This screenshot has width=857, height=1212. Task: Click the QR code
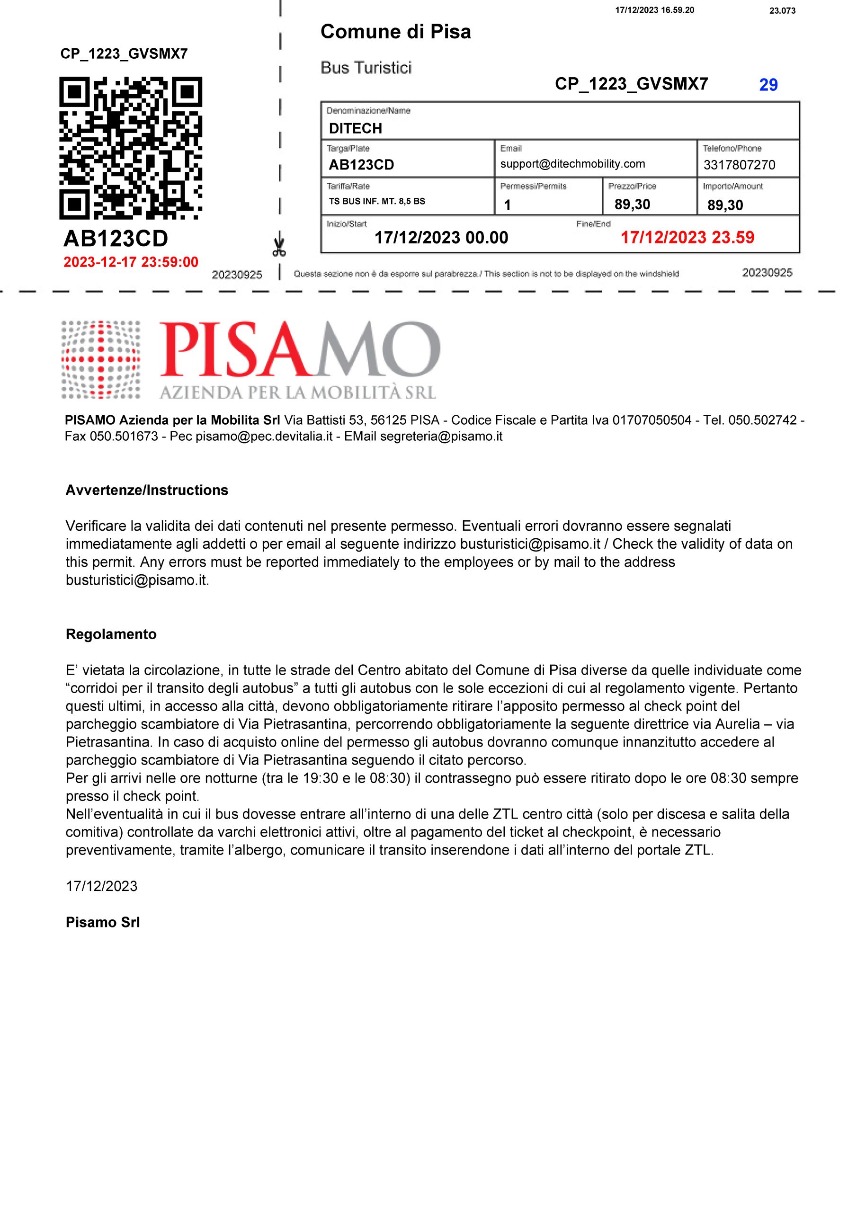(x=130, y=148)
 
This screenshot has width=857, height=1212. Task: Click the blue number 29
(x=768, y=85)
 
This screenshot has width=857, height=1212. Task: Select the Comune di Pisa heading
(x=395, y=32)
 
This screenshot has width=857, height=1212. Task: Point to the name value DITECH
(x=356, y=128)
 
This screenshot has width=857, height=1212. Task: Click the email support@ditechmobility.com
(x=572, y=164)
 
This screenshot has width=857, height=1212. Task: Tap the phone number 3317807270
(x=739, y=165)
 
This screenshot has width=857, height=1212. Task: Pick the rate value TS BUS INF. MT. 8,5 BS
(x=377, y=201)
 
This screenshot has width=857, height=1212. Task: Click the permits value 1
(x=508, y=205)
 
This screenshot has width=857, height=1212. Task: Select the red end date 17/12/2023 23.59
(x=687, y=238)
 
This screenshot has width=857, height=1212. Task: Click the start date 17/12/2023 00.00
(x=441, y=238)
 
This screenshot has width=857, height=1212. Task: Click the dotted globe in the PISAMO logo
(x=100, y=359)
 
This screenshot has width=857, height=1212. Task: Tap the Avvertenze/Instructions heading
(x=147, y=490)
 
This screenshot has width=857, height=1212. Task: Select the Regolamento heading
(x=111, y=634)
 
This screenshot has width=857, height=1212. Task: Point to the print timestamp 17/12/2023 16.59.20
(x=654, y=10)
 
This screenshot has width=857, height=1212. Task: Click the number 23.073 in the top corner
(x=782, y=10)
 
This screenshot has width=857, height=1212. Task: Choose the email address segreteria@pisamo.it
(x=441, y=437)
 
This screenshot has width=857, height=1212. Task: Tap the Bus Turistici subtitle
(x=366, y=68)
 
